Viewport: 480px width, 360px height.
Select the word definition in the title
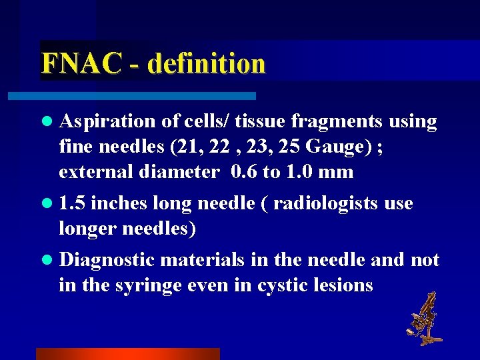tap(207, 64)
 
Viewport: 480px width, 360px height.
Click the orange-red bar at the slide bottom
tap(127, 354)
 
